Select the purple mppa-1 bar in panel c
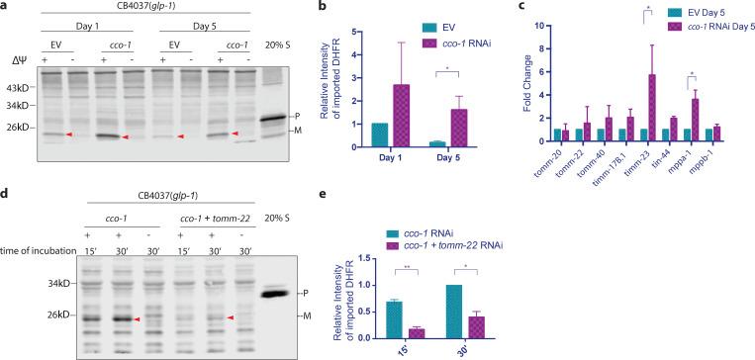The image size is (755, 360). click(695, 119)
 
